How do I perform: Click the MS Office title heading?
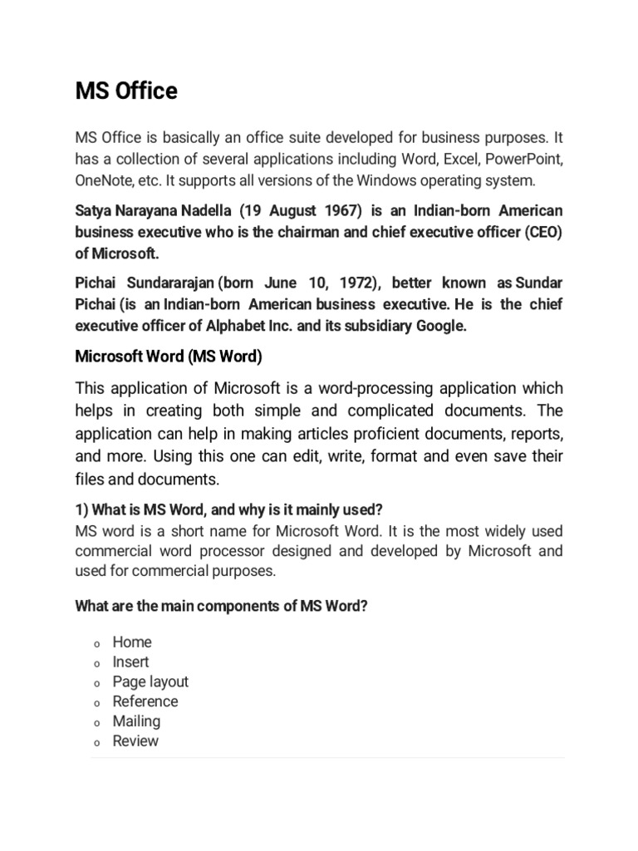pos(126,91)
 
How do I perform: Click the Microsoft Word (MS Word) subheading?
pos(169,357)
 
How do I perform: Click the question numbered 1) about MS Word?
pos(228,509)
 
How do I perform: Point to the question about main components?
pos(221,606)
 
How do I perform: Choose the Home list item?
pos(132,642)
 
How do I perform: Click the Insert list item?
pos(131,662)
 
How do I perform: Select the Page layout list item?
pos(150,681)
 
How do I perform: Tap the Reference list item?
pos(145,701)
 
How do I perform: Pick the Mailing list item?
pos(136,721)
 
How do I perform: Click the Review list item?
pos(135,741)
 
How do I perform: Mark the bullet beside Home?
pos(96,643)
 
